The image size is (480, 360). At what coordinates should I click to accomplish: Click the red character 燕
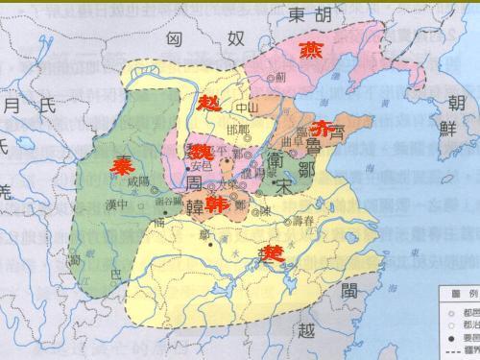(x=311, y=50)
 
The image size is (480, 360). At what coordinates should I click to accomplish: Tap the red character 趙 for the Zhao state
(x=208, y=105)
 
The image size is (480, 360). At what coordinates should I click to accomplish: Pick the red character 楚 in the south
(x=274, y=254)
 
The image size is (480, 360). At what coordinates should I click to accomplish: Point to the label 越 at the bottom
(x=305, y=332)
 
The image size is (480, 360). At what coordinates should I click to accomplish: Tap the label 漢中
(x=117, y=204)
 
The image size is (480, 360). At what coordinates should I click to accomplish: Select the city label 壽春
(x=303, y=220)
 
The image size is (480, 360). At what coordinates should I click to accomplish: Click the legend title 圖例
(x=454, y=291)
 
